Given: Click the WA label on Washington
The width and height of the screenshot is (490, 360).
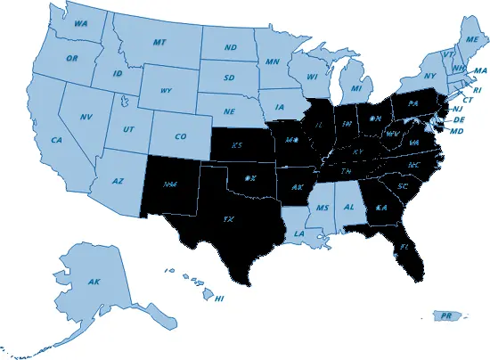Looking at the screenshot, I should pyautogui.click(x=80, y=24).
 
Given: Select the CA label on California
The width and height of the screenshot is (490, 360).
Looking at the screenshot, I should pyautogui.click(x=55, y=140).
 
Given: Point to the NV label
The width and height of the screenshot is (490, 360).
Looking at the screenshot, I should pyautogui.click(x=86, y=118).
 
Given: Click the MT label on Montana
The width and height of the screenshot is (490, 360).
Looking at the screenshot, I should pyautogui.click(x=160, y=42).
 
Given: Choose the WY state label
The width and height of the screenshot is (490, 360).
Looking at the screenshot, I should pyautogui.click(x=165, y=91).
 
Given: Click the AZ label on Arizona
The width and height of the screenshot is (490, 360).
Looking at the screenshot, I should pyautogui.click(x=117, y=181).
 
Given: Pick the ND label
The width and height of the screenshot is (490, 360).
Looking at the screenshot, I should pyautogui.click(x=230, y=47).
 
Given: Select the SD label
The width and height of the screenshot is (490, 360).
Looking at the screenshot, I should pyautogui.click(x=228, y=78).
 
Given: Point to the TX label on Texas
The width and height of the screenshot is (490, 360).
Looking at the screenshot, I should pyautogui.click(x=228, y=217).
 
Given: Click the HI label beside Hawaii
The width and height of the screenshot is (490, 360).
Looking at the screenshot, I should pyautogui.click(x=219, y=298).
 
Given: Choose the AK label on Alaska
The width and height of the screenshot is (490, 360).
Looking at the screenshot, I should pyautogui.click(x=94, y=282).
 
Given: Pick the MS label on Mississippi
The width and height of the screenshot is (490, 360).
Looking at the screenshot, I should pyautogui.click(x=323, y=208).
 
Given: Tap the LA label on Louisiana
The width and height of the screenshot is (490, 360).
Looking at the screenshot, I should pyautogui.click(x=298, y=233).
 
